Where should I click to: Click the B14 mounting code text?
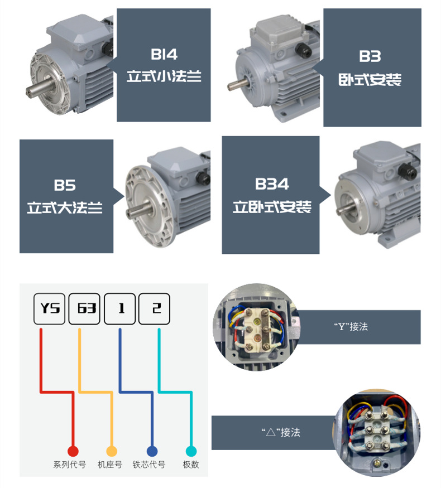pos(164,54)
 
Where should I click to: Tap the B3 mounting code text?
pos(370,56)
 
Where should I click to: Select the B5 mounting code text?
pos(64,185)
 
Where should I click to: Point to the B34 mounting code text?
pos(271,184)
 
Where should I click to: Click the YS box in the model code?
pos(50,309)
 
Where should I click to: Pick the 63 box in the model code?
pos(84,309)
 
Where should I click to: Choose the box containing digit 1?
pos(119,309)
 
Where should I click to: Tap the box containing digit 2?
pos(154,309)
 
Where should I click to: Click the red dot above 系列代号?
pos(73,451)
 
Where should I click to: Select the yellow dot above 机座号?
pos(112,451)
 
